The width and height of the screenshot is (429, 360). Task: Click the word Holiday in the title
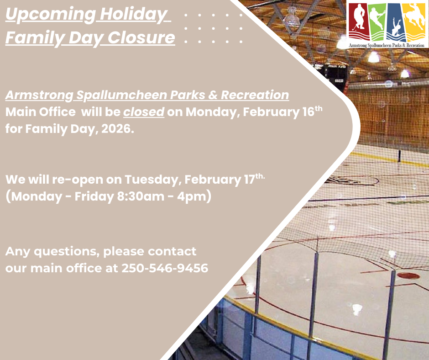point(134,14)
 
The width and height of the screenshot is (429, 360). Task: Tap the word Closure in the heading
point(141,37)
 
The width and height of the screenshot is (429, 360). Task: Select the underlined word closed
point(144,112)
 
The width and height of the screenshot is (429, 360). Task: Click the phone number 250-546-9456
point(165,268)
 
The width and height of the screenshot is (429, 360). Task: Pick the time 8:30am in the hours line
point(141,196)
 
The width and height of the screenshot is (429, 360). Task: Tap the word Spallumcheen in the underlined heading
point(121,95)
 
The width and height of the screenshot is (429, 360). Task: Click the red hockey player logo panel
point(359,21)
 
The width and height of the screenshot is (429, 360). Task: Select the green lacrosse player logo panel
point(378,21)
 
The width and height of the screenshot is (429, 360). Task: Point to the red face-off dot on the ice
point(408,275)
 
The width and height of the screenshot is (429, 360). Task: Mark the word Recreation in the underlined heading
point(255,95)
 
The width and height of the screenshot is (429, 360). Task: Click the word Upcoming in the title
point(51,15)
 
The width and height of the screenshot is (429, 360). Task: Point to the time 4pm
point(192,197)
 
